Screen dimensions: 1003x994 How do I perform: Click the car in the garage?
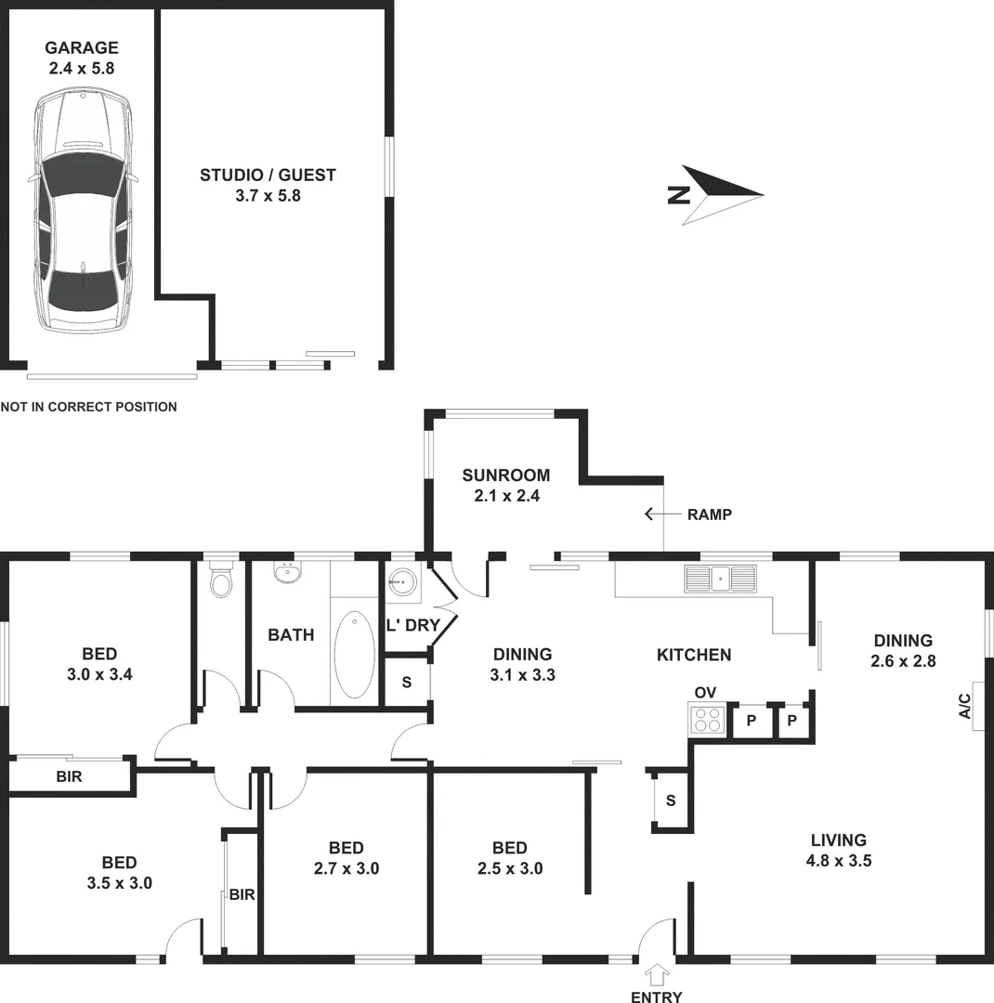(82, 212)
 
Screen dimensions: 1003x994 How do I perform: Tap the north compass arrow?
(720, 195)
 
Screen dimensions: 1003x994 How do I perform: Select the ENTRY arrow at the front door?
(658, 974)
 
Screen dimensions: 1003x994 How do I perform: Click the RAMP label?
(710, 515)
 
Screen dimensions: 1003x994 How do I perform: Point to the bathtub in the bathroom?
(354, 654)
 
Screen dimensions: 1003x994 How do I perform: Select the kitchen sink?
(720, 578)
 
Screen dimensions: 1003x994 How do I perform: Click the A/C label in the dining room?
(965, 706)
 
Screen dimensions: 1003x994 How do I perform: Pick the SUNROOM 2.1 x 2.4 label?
(506, 486)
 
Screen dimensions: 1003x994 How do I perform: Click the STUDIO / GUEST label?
(268, 185)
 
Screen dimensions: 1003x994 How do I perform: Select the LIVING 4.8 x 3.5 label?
(837, 850)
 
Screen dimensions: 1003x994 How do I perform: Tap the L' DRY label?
(412, 626)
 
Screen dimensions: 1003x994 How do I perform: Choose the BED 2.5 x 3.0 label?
(510, 858)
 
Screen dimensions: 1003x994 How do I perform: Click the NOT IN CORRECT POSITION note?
(89, 407)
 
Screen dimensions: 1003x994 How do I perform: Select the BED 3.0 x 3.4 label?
(99, 664)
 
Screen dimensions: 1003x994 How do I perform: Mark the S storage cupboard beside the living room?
(670, 801)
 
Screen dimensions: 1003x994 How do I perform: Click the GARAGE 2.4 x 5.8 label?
(82, 58)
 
